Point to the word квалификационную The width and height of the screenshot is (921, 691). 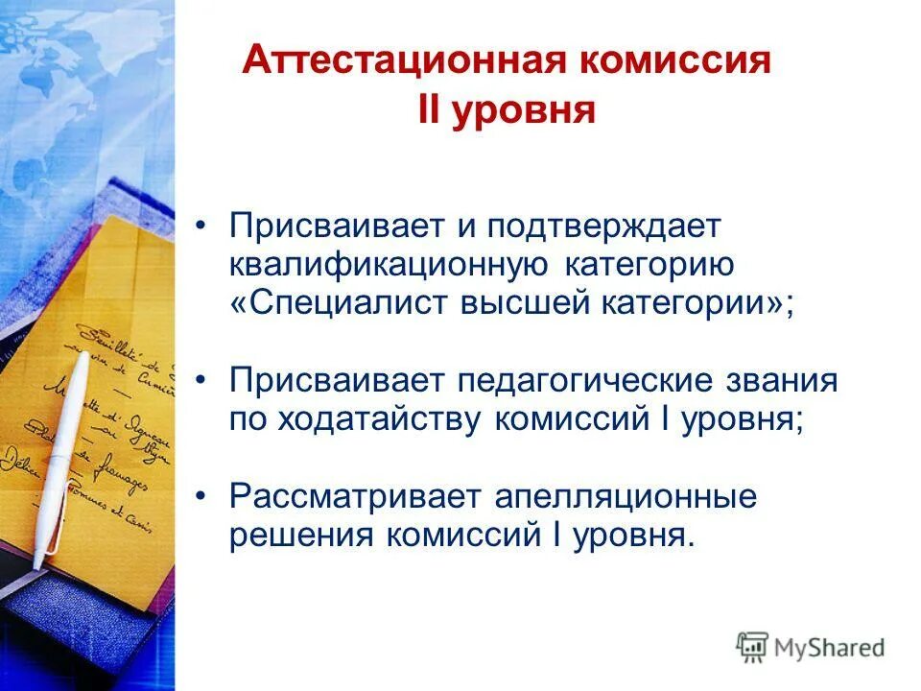point(389,266)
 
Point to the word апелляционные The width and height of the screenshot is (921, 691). point(626,496)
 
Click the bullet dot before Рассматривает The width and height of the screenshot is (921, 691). point(201,496)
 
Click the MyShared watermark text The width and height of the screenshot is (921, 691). point(830,647)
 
